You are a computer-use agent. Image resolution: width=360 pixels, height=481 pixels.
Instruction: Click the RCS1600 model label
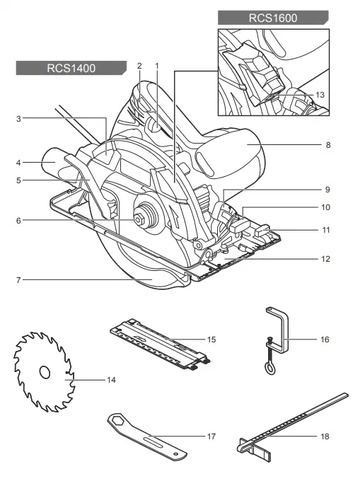(273, 17)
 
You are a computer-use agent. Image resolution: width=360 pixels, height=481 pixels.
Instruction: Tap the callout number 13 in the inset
(320, 95)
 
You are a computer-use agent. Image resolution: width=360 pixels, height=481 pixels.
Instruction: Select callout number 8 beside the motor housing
(328, 145)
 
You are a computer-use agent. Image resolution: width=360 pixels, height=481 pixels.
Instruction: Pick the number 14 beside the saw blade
(111, 380)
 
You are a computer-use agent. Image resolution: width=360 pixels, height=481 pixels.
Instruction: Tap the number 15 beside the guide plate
(211, 340)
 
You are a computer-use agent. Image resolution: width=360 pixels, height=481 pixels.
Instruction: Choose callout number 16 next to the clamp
(325, 340)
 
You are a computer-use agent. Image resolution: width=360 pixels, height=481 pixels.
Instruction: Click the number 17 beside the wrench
(211, 436)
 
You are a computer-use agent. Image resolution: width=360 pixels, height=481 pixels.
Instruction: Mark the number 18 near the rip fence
(325, 436)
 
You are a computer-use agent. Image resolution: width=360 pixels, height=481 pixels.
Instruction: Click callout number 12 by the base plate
(325, 259)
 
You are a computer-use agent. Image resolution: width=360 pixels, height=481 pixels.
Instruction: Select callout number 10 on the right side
(325, 208)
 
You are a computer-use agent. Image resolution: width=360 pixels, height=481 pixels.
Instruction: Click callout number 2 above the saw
(139, 66)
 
